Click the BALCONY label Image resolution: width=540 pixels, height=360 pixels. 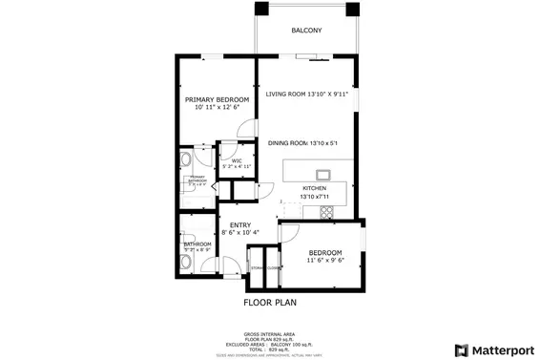pos(306,31)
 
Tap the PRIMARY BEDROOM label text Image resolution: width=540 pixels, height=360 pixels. pos(217,99)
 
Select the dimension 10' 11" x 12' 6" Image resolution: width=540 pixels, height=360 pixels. pos(217,108)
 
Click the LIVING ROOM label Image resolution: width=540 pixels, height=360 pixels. pos(307,95)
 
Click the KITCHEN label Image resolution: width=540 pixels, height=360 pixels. pos(315,189)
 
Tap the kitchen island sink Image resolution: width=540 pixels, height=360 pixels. pos(323,174)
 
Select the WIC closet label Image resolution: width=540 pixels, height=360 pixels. pos(236,160)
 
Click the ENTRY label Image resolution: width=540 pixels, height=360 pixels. pos(239,225)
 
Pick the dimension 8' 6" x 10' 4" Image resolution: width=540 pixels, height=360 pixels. pos(239,233)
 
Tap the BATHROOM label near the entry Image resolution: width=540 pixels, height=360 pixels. pos(197,245)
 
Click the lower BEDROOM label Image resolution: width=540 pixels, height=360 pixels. pos(325,252)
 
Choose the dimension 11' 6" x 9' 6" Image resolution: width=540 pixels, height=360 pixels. pos(325,260)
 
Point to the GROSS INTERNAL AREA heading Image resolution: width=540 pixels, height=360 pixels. pos(269,333)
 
